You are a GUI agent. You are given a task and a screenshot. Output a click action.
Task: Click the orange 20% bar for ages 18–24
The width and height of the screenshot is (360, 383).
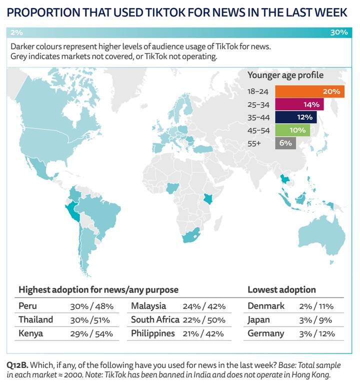click(x=309, y=91)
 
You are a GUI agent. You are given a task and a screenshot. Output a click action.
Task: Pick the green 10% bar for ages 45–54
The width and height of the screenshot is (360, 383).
click(x=292, y=130)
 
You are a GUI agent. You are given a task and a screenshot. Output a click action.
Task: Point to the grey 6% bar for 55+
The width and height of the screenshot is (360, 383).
click(x=285, y=143)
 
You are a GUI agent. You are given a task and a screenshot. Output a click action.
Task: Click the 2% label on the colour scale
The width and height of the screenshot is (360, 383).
click(x=16, y=32)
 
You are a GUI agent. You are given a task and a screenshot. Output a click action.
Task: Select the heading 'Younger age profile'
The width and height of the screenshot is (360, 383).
click(x=285, y=75)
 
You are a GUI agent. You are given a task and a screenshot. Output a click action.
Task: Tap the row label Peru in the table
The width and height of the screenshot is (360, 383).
click(x=28, y=306)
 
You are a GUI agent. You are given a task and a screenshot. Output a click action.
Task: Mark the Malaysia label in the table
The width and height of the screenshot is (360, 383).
click(x=148, y=306)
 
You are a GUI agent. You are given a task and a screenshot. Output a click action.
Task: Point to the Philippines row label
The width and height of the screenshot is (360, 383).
click(x=153, y=333)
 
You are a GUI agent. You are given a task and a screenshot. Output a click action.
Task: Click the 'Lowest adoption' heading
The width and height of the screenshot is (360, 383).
click(x=282, y=289)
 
